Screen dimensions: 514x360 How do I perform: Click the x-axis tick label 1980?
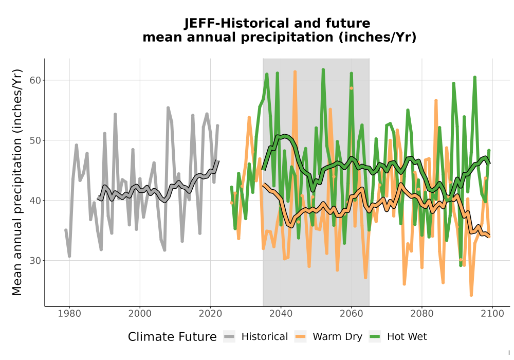[x=69, y=314]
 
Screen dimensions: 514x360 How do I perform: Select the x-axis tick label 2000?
[x=140, y=314]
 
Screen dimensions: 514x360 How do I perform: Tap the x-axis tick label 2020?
[x=210, y=314]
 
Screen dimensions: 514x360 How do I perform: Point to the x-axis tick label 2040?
[x=281, y=314]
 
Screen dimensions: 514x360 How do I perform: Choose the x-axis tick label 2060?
[x=351, y=314]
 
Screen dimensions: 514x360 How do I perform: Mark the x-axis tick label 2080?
[x=421, y=314]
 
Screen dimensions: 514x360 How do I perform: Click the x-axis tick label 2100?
[x=492, y=314]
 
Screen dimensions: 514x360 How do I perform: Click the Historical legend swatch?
[x=229, y=337]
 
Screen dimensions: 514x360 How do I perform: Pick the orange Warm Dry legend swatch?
[x=300, y=337]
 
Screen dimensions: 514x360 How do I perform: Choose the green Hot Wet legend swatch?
[x=375, y=337]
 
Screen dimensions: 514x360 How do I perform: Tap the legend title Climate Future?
[x=172, y=337]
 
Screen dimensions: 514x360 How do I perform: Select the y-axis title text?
[x=17, y=182]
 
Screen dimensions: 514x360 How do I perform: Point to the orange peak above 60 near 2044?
[x=295, y=72]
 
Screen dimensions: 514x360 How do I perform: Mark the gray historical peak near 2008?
[x=168, y=108]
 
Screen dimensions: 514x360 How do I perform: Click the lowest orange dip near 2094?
[x=471, y=295]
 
